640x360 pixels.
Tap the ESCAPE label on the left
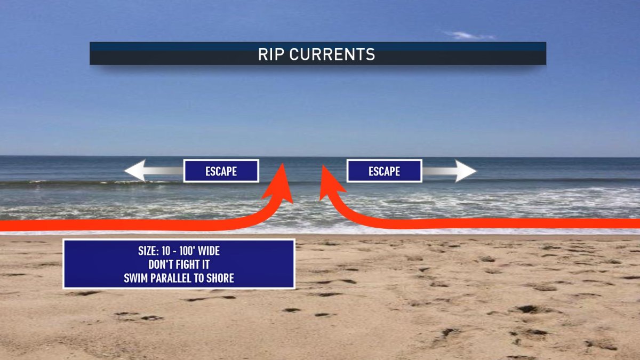[x=221, y=171]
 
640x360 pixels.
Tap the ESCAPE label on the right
[x=384, y=171]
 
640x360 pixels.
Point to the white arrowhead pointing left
[x=134, y=171]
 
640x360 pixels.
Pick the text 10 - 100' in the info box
[x=179, y=252]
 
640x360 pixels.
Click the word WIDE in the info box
[x=209, y=252]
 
